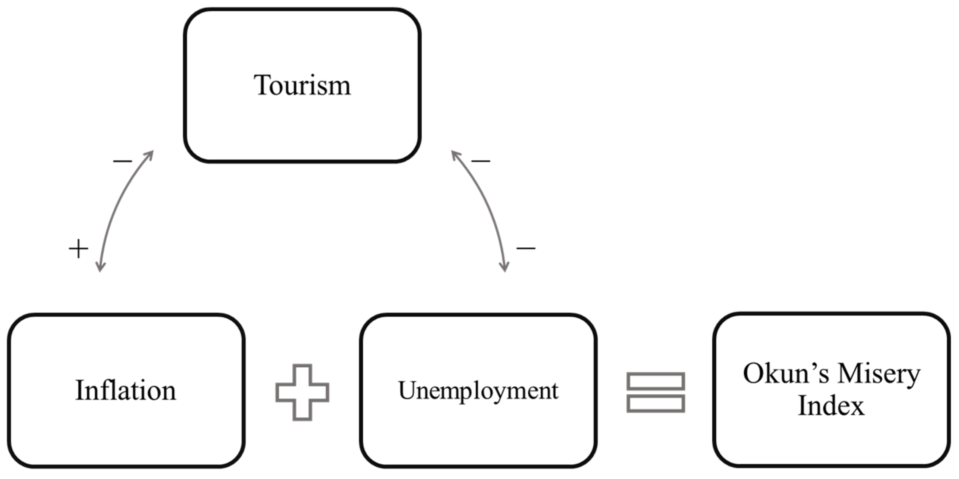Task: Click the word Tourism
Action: (302, 85)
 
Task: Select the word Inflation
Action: (126, 391)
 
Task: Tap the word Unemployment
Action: (478, 391)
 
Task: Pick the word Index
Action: (831, 406)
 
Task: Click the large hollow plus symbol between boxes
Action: (302, 392)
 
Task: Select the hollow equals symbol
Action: (656, 392)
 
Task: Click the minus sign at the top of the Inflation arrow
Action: (123, 161)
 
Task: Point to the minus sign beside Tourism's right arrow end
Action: (481, 161)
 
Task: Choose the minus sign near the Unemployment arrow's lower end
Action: (526, 248)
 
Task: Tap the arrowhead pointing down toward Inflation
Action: (101, 267)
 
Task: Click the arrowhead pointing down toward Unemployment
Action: (504, 267)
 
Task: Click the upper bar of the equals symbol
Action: (656, 381)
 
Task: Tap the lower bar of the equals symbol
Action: (656, 404)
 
